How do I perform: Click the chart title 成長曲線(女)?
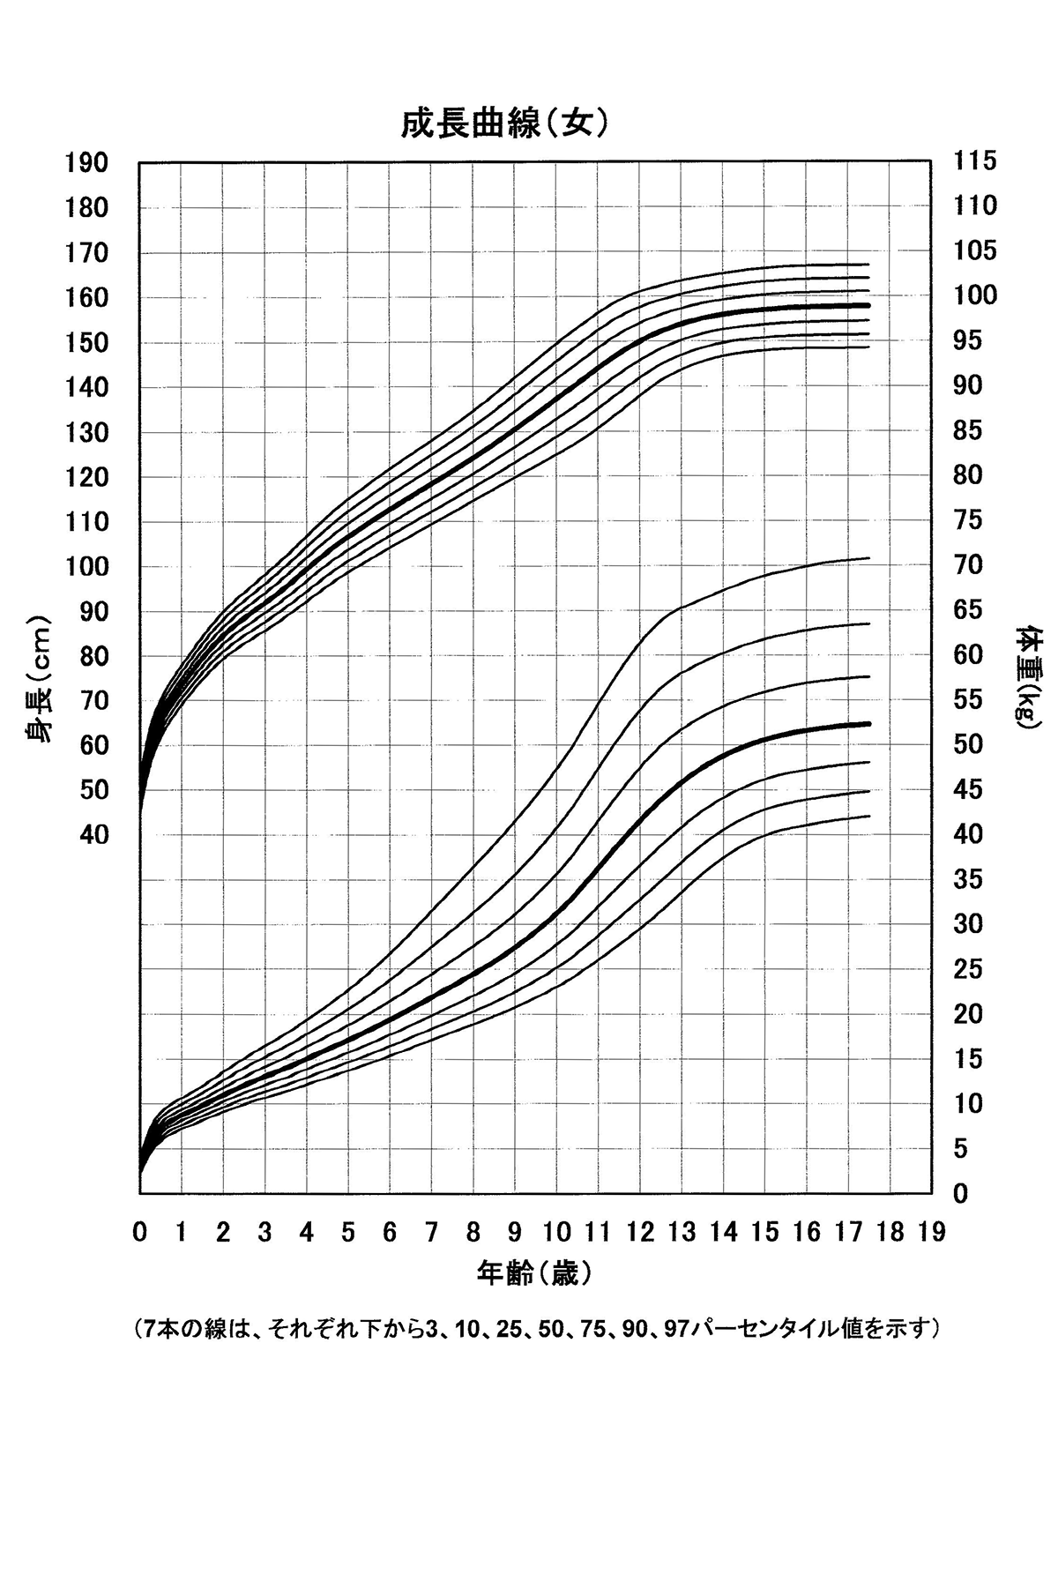504,124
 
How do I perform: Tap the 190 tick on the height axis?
86,162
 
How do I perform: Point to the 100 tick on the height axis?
86,566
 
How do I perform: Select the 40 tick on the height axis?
93,834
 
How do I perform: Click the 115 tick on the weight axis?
975,160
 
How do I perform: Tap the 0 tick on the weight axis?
961,1193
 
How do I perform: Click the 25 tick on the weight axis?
969,969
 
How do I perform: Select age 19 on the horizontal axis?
931,1232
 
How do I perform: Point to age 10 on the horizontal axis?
555,1232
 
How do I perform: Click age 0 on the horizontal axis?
140,1232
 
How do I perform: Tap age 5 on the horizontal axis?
348,1232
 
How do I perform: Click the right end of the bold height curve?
868,305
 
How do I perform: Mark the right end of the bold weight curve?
869,724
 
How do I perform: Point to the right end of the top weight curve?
869,557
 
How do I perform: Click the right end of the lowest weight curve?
869,816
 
